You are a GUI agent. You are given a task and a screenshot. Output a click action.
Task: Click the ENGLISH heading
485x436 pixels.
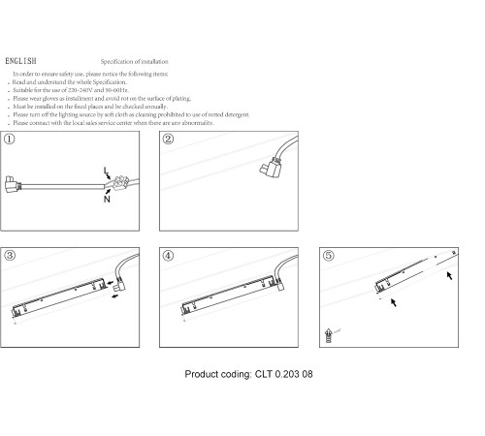[20, 61]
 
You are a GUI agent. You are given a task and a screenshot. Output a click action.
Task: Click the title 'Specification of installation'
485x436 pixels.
[134, 61]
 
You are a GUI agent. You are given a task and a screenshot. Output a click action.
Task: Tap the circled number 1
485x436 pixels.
[10, 140]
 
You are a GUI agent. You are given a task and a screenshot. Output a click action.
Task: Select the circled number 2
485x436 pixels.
[168, 140]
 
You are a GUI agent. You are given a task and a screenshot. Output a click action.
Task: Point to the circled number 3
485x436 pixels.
[10, 256]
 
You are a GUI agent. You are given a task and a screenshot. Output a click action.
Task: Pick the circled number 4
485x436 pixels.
[168, 256]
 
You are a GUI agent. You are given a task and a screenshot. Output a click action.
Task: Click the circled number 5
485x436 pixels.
[328, 256]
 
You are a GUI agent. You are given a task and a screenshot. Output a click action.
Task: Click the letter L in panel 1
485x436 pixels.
[106, 171]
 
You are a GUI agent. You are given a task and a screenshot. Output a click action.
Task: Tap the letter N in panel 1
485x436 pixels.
[107, 199]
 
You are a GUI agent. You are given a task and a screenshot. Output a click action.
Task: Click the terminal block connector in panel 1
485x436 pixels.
[120, 183]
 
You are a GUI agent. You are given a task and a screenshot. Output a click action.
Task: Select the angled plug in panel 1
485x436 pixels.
[12, 184]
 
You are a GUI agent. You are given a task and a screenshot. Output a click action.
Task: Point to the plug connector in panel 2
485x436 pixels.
[271, 167]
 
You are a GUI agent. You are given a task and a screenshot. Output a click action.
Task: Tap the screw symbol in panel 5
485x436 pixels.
[329, 335]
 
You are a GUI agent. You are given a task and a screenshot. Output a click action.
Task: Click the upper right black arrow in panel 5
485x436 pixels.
[449, 275]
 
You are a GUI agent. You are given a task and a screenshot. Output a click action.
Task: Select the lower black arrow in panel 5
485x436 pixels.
[394, 302]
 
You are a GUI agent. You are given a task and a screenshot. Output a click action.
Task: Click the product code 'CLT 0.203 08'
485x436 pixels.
[284, 374]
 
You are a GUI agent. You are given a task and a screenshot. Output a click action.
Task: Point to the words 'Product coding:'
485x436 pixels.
[218, 374]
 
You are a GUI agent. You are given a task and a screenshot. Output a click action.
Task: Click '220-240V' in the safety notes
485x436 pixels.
[81, 90]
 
